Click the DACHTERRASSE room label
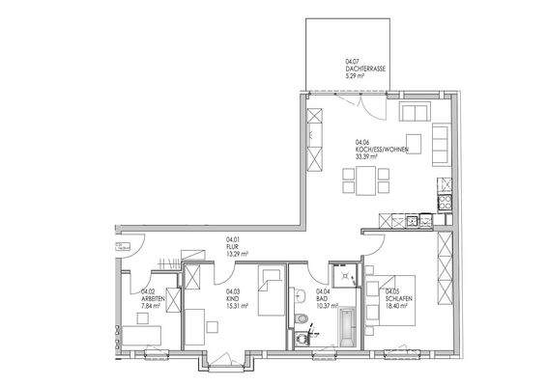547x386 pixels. (x=366, y=69)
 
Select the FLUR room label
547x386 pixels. (x=231, y=246)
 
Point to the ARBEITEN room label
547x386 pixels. (x=154, y=298)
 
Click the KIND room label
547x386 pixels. (x=231, y=298)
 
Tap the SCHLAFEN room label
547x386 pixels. (x=399, y=298)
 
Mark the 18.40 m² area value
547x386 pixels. (x=398, y=306)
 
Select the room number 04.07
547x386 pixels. (x=352, y=61)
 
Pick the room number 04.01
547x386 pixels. (x=232, y=238)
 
